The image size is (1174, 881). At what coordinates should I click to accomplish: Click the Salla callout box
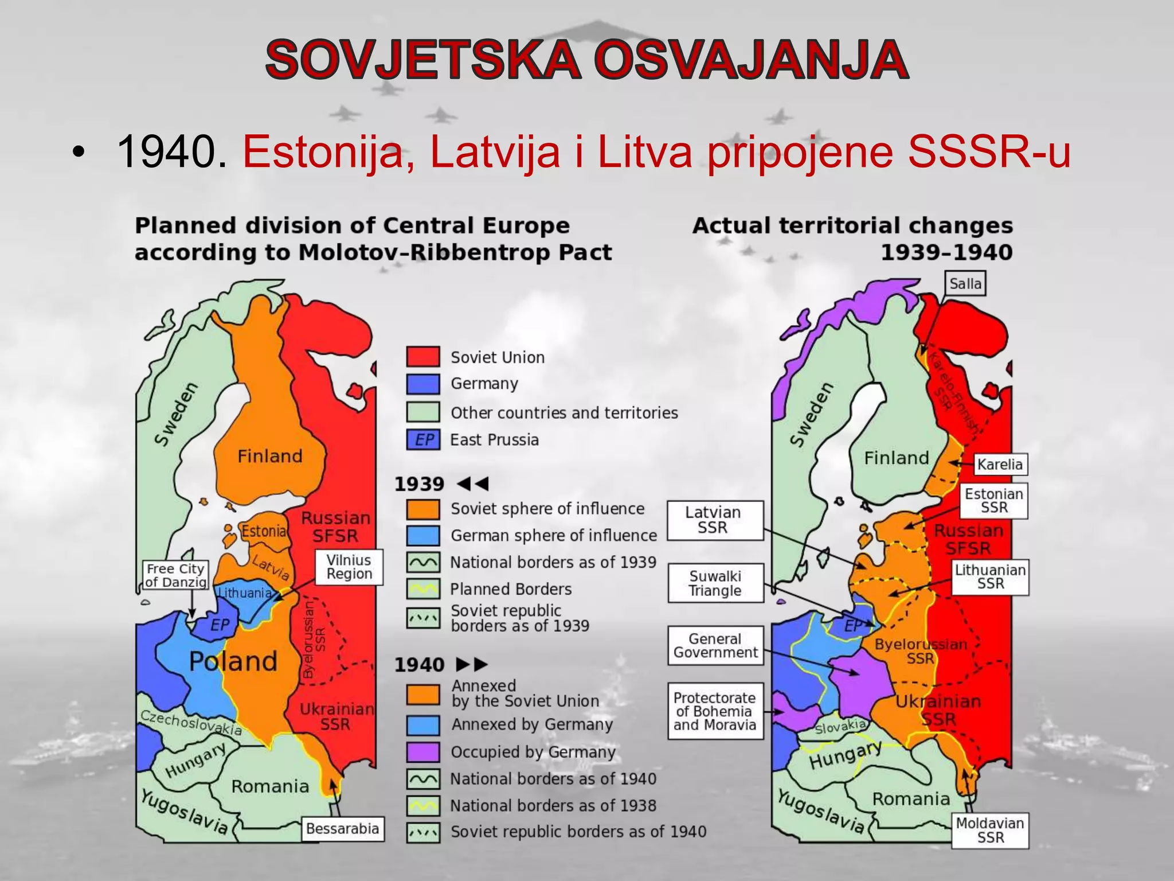[x=965, y=283]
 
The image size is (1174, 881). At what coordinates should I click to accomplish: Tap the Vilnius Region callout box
[x=349, y=567]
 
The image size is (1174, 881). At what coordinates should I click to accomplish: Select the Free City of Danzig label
[x=175, y=575]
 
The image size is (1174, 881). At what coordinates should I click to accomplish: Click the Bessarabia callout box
[x=342, y=829]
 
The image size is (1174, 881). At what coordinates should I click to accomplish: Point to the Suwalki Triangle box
[x=715, y=583]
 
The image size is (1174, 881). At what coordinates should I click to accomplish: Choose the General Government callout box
[x=715, y=645]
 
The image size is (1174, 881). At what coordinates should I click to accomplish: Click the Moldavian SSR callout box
[x=990, y=831]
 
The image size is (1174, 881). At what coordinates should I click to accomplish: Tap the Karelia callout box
[x=1000, y=464]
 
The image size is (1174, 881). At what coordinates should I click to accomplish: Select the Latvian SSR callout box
[x=715, y=520]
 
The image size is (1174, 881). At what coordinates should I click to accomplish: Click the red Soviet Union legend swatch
[x=423, y=357]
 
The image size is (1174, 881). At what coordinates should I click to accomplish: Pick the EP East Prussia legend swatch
[x=423, y=440]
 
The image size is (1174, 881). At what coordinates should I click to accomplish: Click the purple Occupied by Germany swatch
[x=423, y=751]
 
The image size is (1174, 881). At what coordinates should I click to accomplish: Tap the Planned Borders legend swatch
[x=423, y=588]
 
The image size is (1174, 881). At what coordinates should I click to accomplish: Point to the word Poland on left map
[x=233, y=661]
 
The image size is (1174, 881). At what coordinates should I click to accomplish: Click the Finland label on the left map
[x=269, y=456]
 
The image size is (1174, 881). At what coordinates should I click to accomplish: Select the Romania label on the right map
[x=911, y=798]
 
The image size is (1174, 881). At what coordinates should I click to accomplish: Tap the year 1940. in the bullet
[x=171, y=152]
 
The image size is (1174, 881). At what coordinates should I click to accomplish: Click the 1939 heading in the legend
[x=419, y=484]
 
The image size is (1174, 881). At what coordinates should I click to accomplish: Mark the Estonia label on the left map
[x=264, y=531]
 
